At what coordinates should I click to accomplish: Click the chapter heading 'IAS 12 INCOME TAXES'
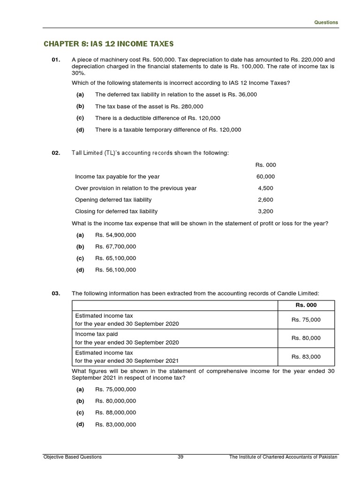click(108, 44)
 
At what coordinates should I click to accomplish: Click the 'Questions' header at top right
click(326, 22)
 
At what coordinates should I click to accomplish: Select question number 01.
click(56, 60)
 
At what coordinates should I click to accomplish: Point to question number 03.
click(56, 293)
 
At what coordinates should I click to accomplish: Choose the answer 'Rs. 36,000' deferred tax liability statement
click(176, 95)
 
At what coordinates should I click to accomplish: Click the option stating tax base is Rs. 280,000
click(149, 106)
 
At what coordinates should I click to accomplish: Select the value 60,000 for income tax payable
click(265, 177)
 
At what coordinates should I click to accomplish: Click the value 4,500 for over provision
click(265, 188)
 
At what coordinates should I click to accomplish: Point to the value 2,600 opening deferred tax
click(265, 200)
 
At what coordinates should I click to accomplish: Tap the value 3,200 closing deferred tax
click(265, 211)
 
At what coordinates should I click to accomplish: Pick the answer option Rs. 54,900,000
click(115, 235)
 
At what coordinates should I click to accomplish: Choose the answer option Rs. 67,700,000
click(115, 247)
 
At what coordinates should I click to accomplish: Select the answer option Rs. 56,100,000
click(115, 270)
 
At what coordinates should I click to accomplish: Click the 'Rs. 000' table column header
click(306, 305)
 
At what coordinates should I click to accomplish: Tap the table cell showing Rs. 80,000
click(306, 338)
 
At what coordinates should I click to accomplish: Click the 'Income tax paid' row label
click(97, 334)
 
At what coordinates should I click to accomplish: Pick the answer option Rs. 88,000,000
click(115, 412)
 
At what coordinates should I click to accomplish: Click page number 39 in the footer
click(180, 457)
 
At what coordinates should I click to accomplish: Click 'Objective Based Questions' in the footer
click(72, 457)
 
